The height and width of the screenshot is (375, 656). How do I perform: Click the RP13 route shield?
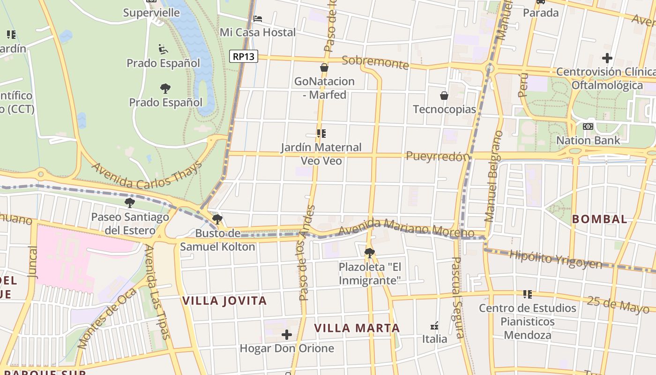[x=244, y=56]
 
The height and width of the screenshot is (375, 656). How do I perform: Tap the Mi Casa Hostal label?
[x=258, y=32]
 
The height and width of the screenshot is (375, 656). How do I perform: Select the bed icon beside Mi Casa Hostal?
[x=257, y=19]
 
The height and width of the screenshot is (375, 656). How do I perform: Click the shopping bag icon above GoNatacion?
[x=324, y=67]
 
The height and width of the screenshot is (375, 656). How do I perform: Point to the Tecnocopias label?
[x=444, y=109]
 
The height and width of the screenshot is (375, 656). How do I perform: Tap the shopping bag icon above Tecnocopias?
[x=444, y=96]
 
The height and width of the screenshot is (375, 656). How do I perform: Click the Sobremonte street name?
[x=375, y=62]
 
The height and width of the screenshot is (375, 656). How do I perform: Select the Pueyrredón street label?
[x=438, y=156]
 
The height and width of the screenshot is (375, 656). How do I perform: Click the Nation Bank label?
[x=588, y=140]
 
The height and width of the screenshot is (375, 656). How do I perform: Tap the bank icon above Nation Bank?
[x=588, y=127]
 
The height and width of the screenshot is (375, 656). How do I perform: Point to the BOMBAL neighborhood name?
[x=600, y=219]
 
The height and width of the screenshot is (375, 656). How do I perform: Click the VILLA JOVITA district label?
[x=224, y=300]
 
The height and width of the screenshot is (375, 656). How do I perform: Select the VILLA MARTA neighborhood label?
[x=357, y=328]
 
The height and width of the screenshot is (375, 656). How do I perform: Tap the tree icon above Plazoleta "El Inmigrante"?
[x=370, y=253]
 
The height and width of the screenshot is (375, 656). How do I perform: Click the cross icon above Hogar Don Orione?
[x=287, y=335]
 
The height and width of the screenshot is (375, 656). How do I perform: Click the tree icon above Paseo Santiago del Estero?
[x=130, y=203]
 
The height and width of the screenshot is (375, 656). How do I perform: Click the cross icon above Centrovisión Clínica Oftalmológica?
[x=607, y=58]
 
